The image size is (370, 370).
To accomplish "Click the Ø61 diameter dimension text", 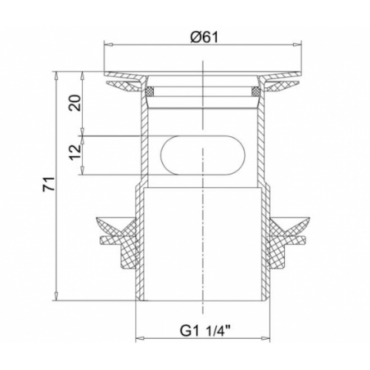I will tap(203, 35).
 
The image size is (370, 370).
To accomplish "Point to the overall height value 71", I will tap(46, 186).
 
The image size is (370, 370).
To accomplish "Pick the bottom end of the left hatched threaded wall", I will tap(138, 293).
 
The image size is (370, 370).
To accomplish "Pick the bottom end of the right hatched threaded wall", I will tap(268, 293).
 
